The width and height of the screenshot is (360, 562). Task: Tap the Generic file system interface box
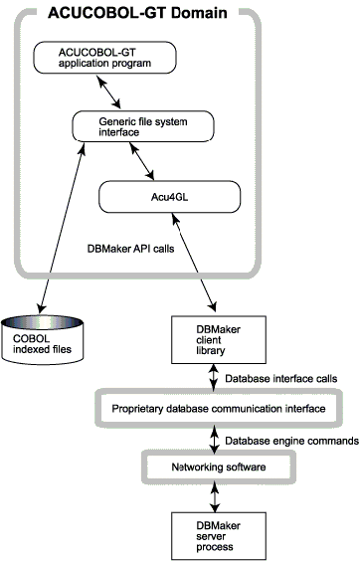pos(140,124)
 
